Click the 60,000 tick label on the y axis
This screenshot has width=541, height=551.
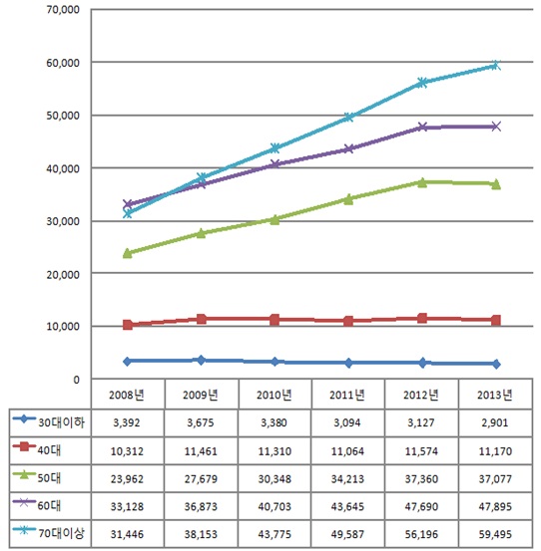pyautogui.click(x=63, y=63)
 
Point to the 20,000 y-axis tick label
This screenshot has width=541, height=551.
pyautogui.click(x=63, y=274)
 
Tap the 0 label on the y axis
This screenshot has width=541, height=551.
pyautogui.click(x=76, y=380)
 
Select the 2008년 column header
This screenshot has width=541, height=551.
pyautogui.click(x=127, y=395)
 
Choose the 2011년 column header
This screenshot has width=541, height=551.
pyautogui.click(x=347, y=395)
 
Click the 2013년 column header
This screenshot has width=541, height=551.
pyautogui.click(x=495, y=395)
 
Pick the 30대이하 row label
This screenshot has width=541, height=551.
pyautogui.click(x=61, y=422)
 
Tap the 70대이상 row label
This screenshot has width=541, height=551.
pyautogui.click(x=61, y=533)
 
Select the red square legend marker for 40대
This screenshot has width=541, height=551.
pyautogui.click(x=24, y=447)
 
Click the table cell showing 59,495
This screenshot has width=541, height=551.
pyautogui.click(x=495, y=534)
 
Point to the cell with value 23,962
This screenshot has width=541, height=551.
pyautogui.click(x=127, y=479)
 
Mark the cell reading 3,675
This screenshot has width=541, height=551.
pyautogui.click(x=201, y=422)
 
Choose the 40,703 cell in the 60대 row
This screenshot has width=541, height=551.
pyautogui.click(x=274, y=507)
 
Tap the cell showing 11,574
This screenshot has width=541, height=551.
pyautogui.click(x=421, y=451)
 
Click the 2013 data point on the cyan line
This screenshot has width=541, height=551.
pyautogui.click(x=496, y=65)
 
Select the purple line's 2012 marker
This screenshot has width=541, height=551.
pyautogui.click(x=422, y=127)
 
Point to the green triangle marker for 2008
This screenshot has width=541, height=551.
pyautogui.click(x=128, y=253)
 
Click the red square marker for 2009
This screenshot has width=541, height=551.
pyautogui.click(x=201, y=319)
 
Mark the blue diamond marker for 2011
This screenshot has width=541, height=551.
pyautogui.click(x=348, y=363)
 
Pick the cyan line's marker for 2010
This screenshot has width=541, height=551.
pyautogui.click(x=274, y=147)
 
